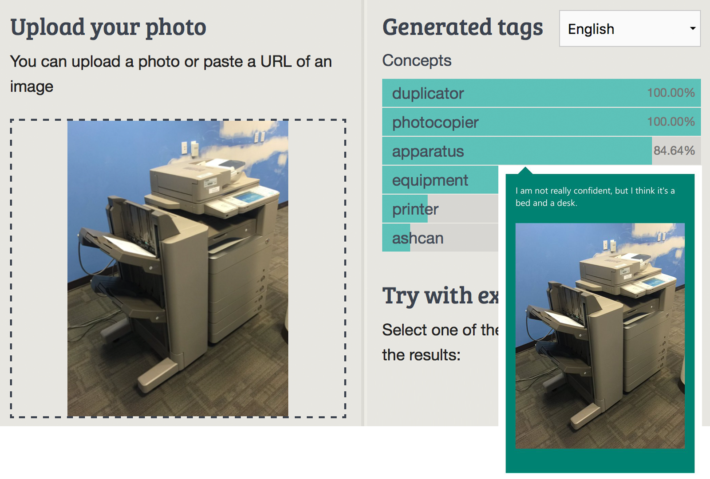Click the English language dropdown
(x=629, y=29)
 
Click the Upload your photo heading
(x=108, y=27)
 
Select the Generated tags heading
(x=462, y=27)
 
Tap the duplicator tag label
(x=428, y=94)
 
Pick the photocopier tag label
(x=435, y=122)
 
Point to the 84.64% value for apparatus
(x=674, y=151)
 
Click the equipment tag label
(x=430, y=181)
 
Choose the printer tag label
(x=415, y=209)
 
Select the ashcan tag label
(x=418, y=239)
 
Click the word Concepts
(x=417, y=60)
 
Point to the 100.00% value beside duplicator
(x=671, y=93)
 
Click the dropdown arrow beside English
(x=692, y=29)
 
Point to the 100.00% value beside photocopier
(x=671, y=122)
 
